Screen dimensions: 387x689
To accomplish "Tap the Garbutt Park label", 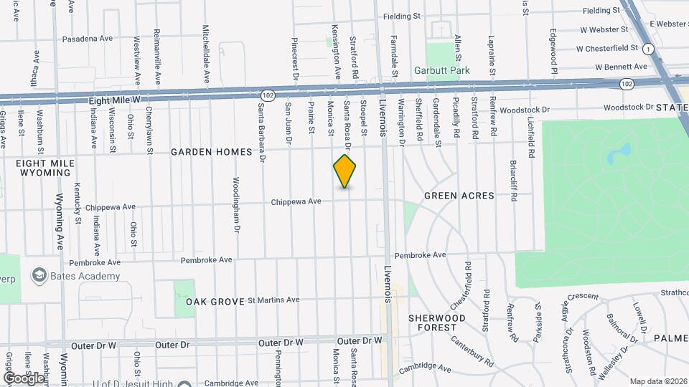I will [440, 71].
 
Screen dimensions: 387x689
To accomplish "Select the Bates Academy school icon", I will [39, 276].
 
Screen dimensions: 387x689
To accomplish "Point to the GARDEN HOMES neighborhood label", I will [211, 152].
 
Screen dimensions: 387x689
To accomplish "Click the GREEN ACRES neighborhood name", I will [459, 196].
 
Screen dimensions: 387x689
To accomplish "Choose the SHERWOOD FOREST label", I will [437, 322].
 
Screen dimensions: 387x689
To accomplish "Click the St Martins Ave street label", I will [273, 300].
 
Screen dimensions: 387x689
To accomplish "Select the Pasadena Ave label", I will [88, 39].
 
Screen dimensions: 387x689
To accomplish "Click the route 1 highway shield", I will [649, 49].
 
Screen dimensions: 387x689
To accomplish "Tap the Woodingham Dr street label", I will [235, 205].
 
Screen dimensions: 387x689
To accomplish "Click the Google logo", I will [22, 378].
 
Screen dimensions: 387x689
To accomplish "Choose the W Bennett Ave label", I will [622, 67].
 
